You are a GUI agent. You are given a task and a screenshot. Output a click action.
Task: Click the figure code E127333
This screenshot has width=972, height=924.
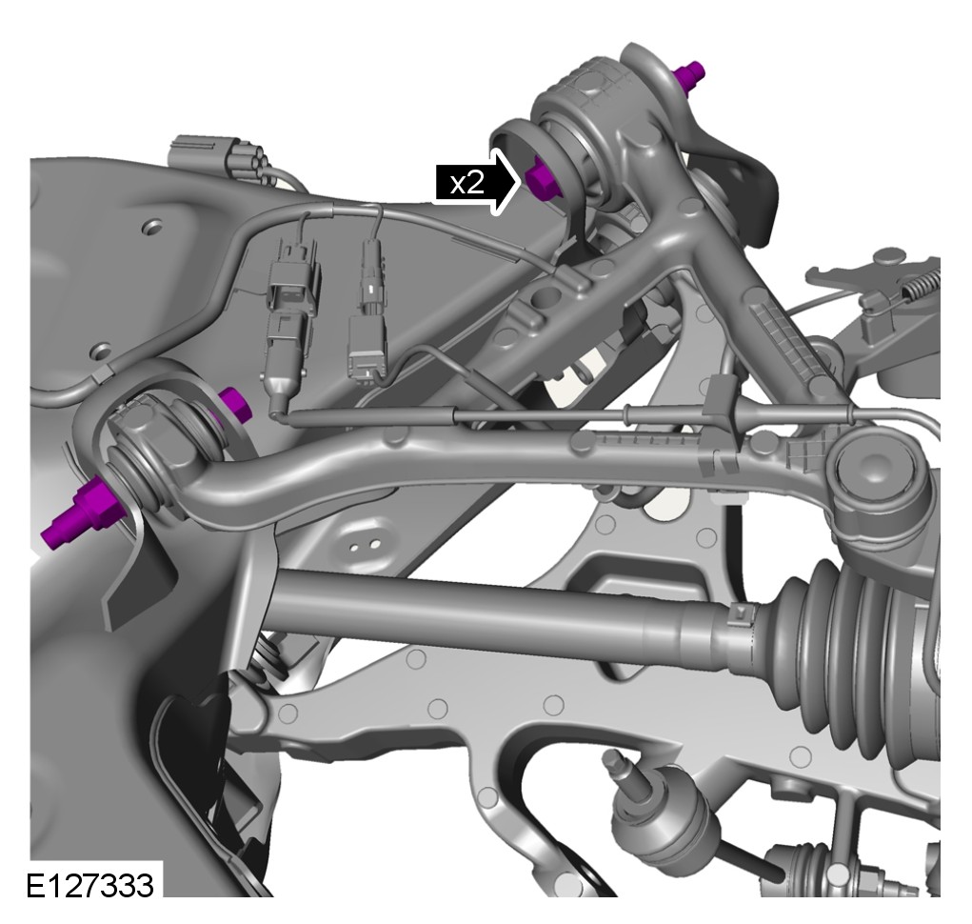[89, 885]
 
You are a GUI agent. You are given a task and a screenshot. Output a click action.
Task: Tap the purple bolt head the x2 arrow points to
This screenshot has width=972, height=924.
[543, 178]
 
